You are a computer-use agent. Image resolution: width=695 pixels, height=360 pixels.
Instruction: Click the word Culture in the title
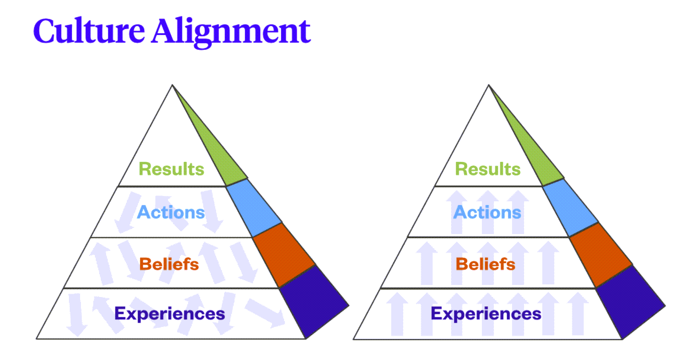click(x=89, y=31)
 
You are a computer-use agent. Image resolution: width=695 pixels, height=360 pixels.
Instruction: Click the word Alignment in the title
click(x=231, y=32)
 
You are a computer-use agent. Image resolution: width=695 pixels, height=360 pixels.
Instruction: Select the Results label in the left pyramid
click(x=171, y=169)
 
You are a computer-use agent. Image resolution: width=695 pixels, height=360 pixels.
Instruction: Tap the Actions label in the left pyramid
click(x=171, y=212)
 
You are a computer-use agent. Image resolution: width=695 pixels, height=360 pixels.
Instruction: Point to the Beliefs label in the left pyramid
click(x=169, y=264)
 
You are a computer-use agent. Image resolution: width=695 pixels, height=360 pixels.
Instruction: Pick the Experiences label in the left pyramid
click(x=170, y=313)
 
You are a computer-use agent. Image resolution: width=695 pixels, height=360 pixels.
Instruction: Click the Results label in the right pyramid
click(x=488, y=169)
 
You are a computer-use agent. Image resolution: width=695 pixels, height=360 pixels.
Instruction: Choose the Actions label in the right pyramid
click(x=488, y=212)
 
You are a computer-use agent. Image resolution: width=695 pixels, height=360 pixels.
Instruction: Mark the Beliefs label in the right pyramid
click(x=486, y=264)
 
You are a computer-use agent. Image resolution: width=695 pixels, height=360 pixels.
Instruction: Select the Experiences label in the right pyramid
click(x=486, y=313)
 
